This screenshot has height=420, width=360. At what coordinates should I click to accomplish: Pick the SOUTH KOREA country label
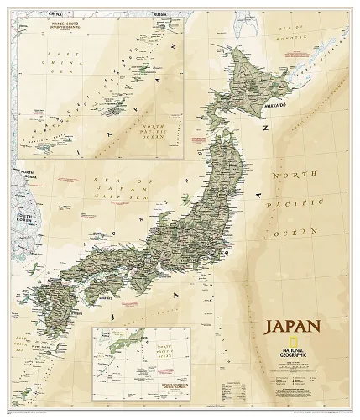click(18, 229)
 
